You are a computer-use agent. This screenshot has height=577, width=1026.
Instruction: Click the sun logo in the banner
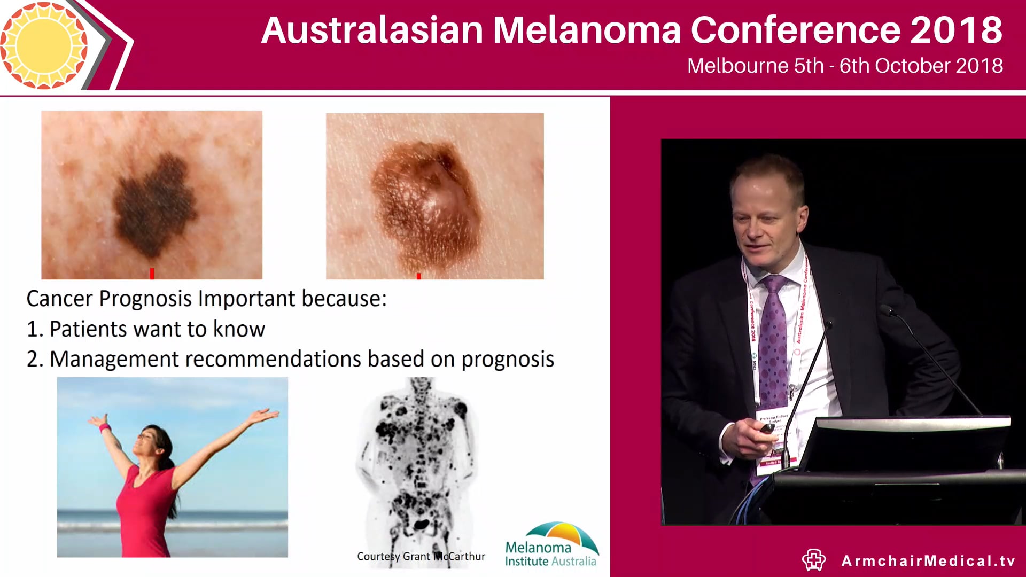pyautogui.click(x=44, y=45)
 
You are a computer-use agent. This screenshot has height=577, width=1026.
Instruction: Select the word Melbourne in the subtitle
pyautogui.click(x=737, y=66)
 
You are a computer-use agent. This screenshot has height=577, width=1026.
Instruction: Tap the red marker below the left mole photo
pyautogui.click(x=152, y=274)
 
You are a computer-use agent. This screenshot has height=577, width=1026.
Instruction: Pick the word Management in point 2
pyautogui.click(x=114, y=360)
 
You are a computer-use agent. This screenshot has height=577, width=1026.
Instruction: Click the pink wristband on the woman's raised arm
pyautogui.click(x=104, y=428)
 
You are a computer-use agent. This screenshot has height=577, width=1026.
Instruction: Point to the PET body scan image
pyautogui.click(x=419, y=459)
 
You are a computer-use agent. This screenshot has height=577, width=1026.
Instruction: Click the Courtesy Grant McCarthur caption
pyautogui.click(x=421, y=557)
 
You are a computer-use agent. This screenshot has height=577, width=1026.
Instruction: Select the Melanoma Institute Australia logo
pyautogui.click(x=551, y=545)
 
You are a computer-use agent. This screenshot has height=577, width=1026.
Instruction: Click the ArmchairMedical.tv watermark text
pyautogui.click(x=928, y=561)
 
